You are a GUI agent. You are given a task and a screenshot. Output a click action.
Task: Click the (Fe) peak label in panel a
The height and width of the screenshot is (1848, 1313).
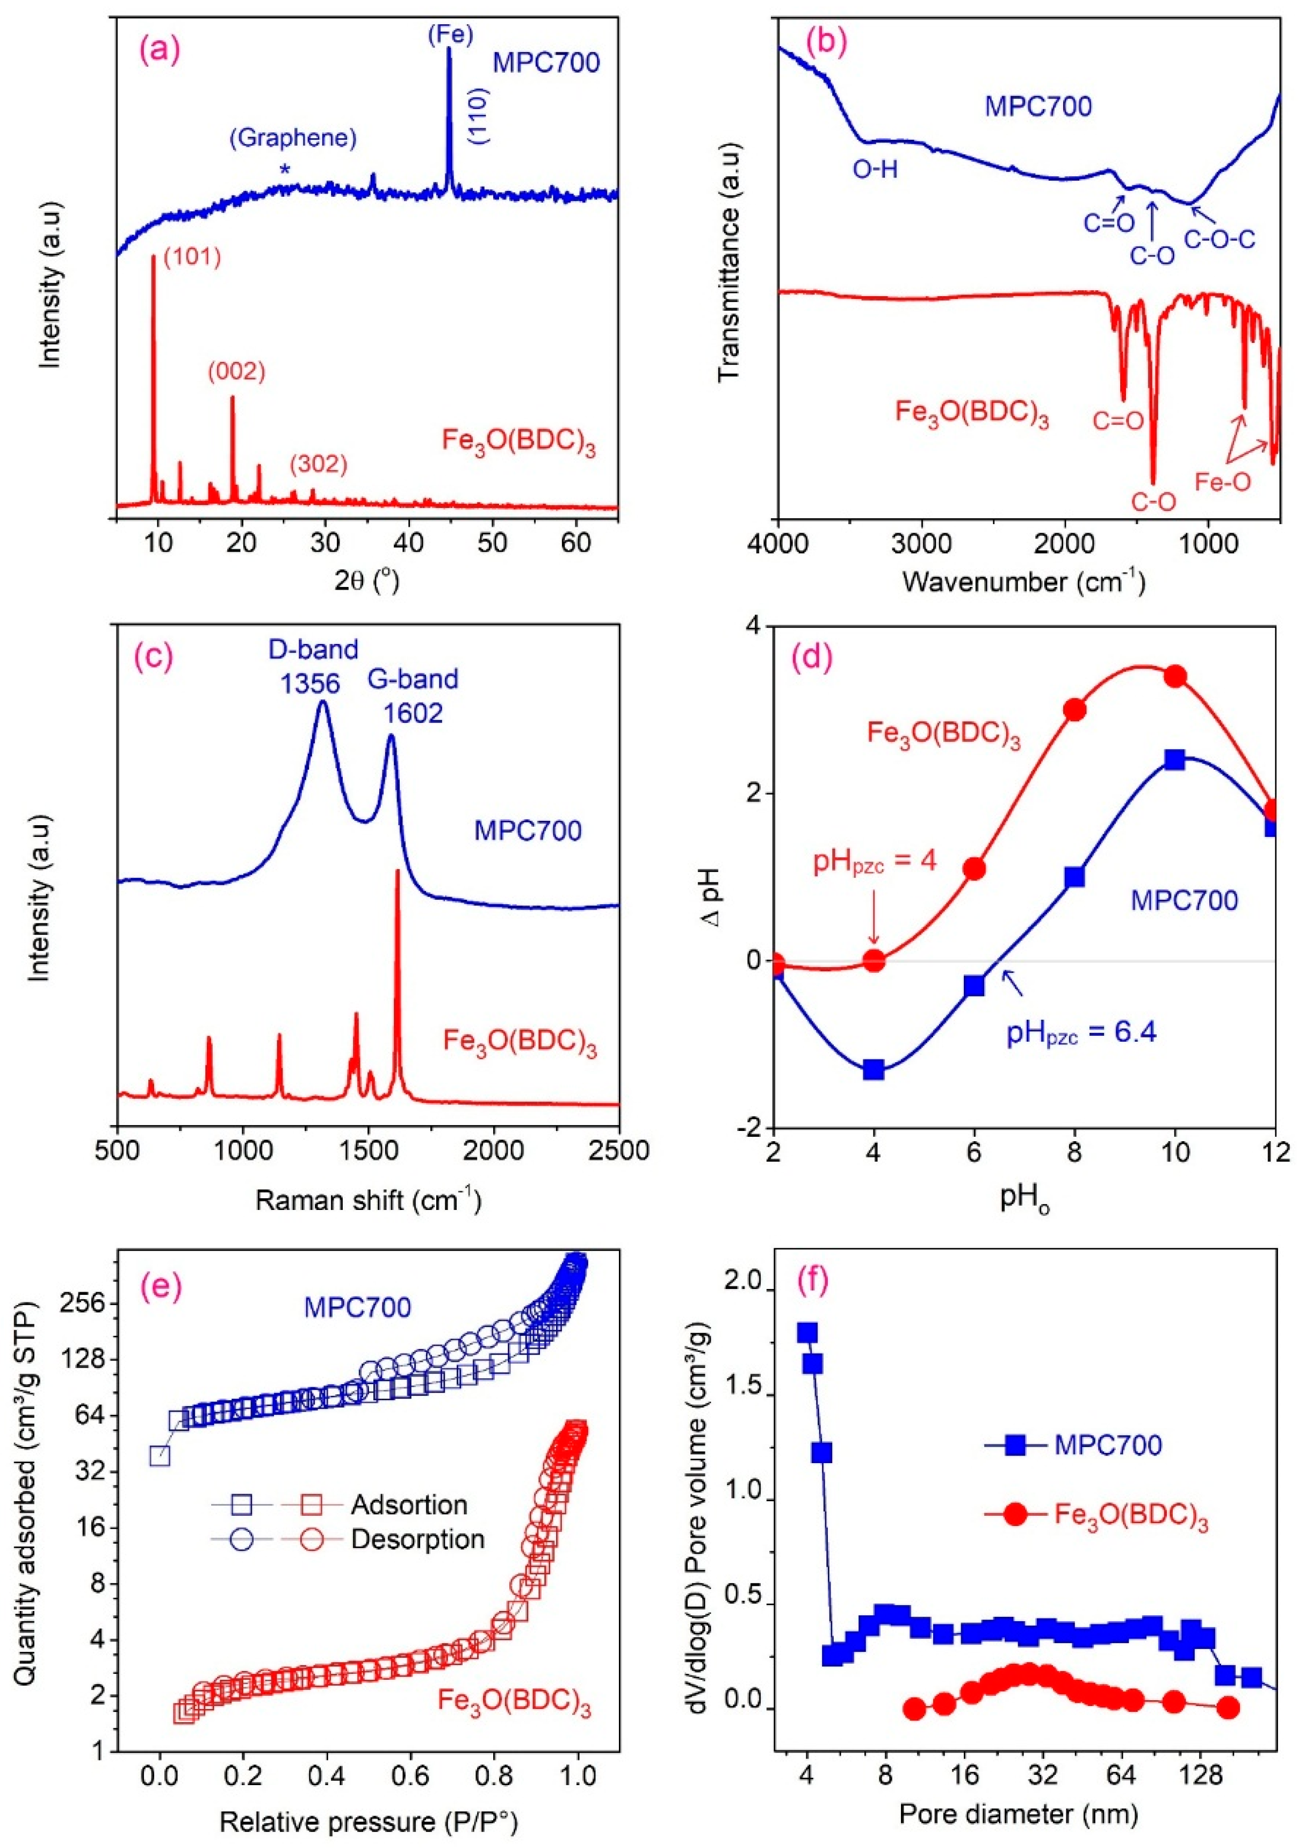(x=450, y=33)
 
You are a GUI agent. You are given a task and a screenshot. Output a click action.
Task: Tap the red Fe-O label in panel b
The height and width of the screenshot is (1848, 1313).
(x=1222, y=482)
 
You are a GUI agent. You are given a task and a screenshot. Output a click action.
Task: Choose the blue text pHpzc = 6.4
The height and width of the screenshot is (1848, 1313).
(x=1081, y=1033)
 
